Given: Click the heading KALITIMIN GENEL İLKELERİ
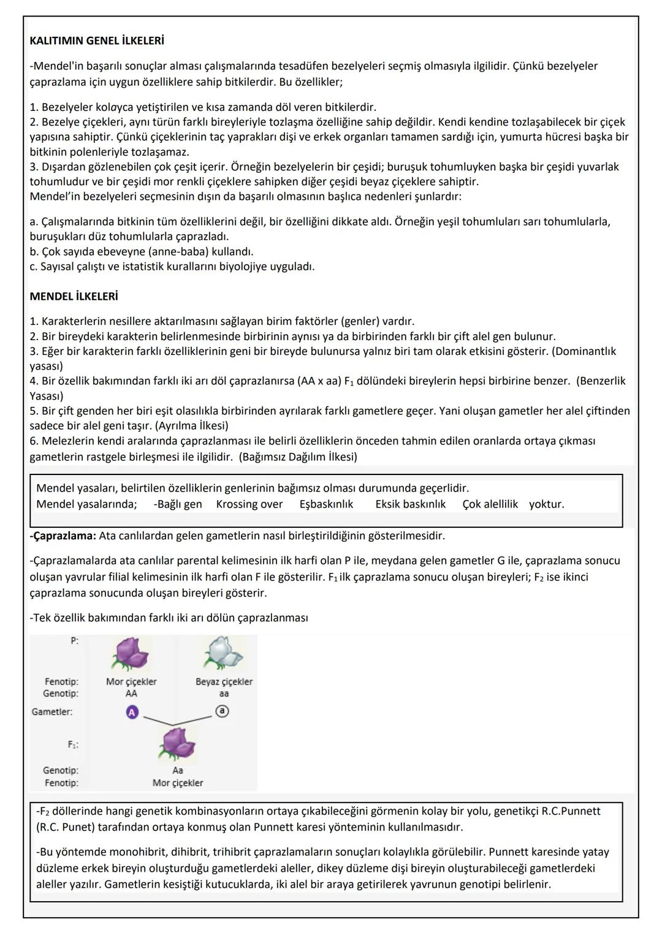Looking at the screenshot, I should (97, 41).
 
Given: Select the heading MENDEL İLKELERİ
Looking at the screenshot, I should (74, 297).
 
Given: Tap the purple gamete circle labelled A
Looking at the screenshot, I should (132, 712).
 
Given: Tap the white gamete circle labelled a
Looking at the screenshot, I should (223, 711).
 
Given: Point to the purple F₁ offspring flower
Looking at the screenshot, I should (178, 744).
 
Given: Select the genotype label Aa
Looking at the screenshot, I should (178, 770).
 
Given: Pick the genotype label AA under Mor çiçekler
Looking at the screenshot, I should (131, 694).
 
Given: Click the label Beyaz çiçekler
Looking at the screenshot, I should (224, 682).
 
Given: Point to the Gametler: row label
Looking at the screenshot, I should (52, 712).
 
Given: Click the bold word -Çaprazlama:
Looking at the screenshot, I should (63, 536).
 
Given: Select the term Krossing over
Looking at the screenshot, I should (249, 504).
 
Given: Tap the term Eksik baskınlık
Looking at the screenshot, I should (410, 504).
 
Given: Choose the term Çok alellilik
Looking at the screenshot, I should (490, 504).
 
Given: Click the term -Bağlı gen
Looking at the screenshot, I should (178, 504).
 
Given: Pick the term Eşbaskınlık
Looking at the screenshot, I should (326, 504).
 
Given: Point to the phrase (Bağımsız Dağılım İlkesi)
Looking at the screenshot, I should (298, 457).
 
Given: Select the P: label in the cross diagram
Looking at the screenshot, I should (74, 641).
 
